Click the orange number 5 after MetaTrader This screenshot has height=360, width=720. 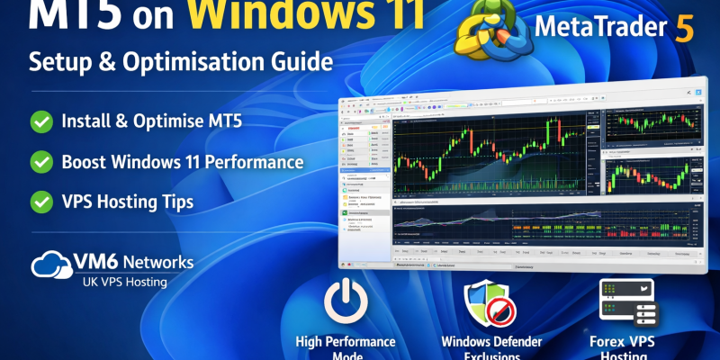(x=684, y=29)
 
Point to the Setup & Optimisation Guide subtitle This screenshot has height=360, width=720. (x=180, y=63)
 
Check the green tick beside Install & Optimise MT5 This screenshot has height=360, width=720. (x=40, y=121)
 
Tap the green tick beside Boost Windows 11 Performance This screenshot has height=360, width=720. (x=40, y=162)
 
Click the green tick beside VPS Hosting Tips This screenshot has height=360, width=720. (x=40, y=202)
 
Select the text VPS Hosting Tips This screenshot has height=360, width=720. (x=128, y=202)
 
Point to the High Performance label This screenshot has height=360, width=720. (x=346, y=342)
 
